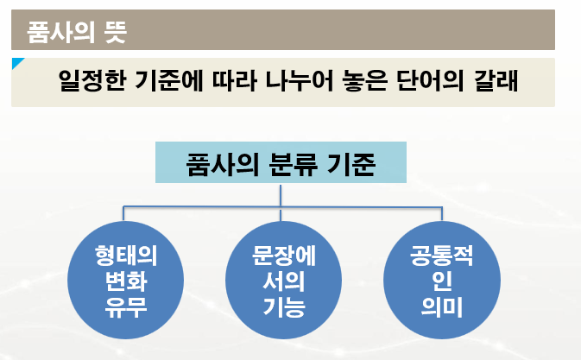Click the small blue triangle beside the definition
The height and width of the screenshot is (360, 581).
point(17,63)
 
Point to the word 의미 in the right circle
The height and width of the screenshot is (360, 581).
point(441,306)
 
